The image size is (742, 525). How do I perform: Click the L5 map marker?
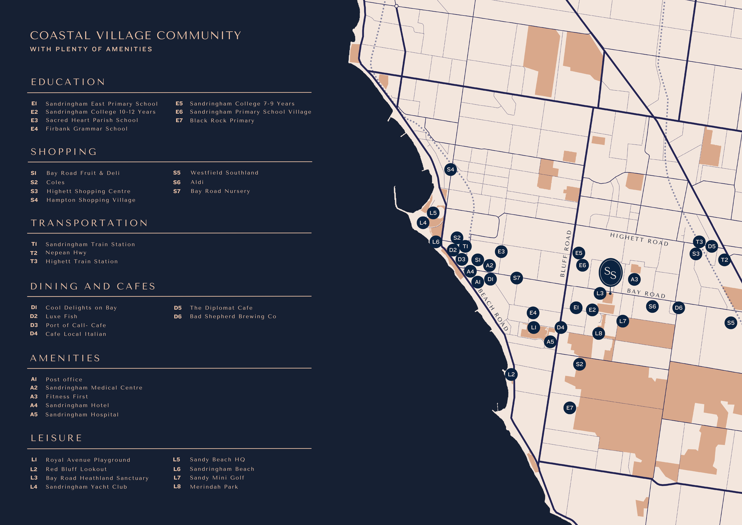433,213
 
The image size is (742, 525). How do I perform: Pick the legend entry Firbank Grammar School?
87,129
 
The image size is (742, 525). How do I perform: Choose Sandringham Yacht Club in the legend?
86,487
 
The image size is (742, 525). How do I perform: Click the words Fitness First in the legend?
67,397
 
